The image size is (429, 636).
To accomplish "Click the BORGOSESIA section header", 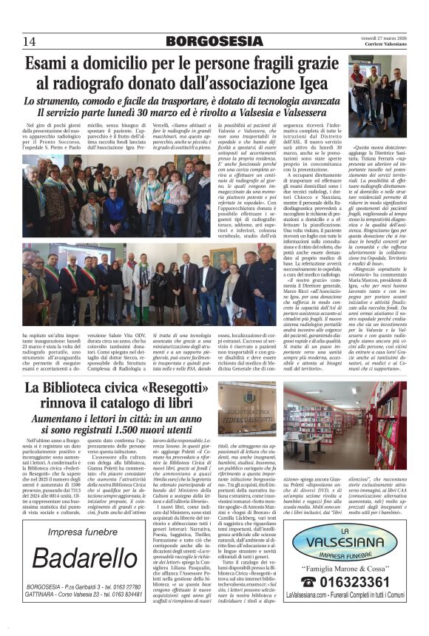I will click(214, 41).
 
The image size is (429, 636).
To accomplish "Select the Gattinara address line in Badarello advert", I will click(79, 595).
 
